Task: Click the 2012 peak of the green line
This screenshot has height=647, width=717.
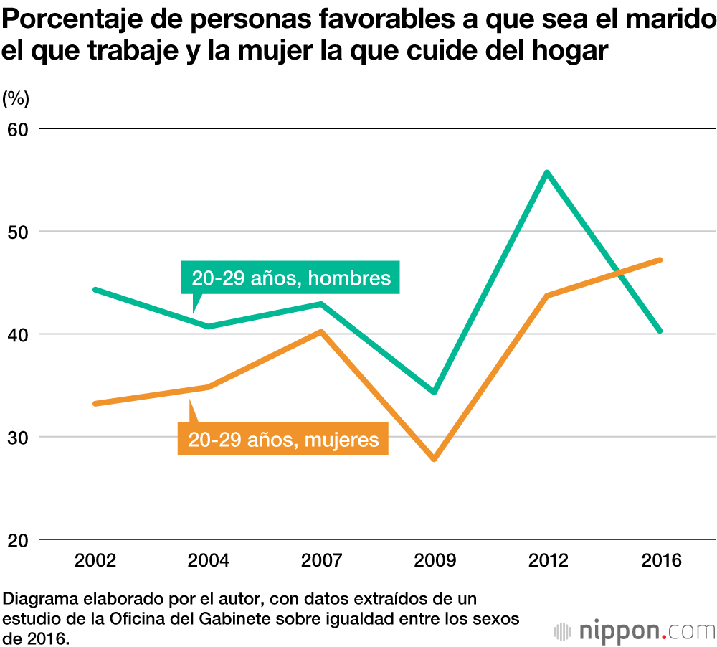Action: coord(546,173)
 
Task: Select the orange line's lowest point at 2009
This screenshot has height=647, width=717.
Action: coord(434,458)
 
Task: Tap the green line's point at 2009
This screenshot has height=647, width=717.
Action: coord(434,392)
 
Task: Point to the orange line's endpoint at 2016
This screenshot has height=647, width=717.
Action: coord(659,260)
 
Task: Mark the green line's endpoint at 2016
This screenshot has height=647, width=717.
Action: coord(659,331)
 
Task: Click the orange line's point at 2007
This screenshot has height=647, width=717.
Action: coord(321,331)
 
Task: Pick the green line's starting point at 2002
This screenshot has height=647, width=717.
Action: coord(95,289)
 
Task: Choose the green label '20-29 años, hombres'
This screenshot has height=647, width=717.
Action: coord(291,278)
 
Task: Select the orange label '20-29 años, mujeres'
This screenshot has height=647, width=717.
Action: coord(283,438)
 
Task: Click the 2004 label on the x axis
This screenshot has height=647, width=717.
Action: coord(208,560)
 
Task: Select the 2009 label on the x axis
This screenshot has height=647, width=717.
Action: coord(434,560)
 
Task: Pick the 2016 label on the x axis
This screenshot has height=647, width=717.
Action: coord(660,560)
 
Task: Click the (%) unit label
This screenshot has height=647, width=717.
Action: coord(15,98)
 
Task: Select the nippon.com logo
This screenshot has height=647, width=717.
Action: coord(635,631)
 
